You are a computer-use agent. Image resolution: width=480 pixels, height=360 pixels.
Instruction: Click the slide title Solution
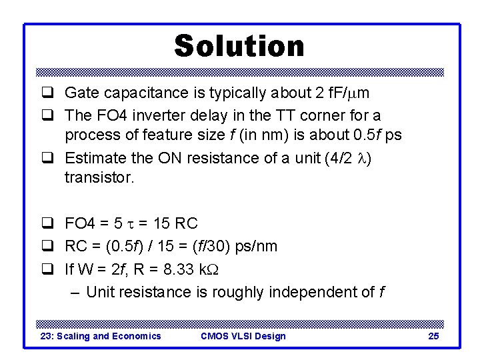pyautogui.click(x=239, y=46)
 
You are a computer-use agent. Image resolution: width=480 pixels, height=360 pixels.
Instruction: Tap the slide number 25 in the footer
pyautogui.click(x=433, y=336)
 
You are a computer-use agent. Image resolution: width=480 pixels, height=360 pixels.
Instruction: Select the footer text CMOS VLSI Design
pyautogui.click(x=243, y=336)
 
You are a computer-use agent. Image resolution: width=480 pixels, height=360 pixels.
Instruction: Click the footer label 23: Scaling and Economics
pyautogui.click(x=101, y=336)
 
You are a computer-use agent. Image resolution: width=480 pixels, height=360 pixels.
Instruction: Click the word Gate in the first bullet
pyautogui.click(x=80, y=93)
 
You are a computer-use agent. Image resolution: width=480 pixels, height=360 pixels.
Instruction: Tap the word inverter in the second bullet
pyautogui.click(x=147, y=115)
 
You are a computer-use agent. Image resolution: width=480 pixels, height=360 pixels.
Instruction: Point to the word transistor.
pyautogui.click(x=99, y=178)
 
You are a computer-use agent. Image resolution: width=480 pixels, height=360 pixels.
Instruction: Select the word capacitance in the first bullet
pyautogui.click(x=135, y=93)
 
